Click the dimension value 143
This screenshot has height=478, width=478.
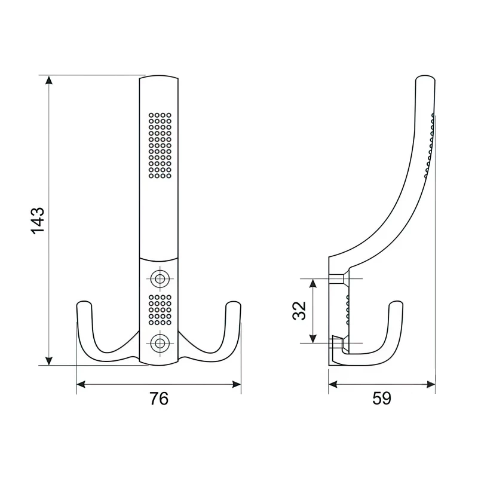pyautogui.click(x=37, y=220)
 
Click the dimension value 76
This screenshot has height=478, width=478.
pyautogui.click(x=158, y=398)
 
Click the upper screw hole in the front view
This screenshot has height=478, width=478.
pyautogui.click(x=159, y=278)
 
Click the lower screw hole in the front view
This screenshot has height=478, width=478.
pyautogui.click(x=159, y=342)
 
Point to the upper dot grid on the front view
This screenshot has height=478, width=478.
pyautogui.click(x=160, y=145)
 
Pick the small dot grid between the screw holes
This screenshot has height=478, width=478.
pyautogui.click(x=160, y=310)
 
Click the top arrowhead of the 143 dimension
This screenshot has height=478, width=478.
pyautogui.click(x=49, y=80)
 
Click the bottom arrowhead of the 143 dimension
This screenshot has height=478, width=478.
pyautogui.click(x=49, y=360)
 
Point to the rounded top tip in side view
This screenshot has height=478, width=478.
pyautogui.click(x=425, y=78)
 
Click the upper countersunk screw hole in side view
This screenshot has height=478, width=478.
pyautogui.click(x=338, y=279)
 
